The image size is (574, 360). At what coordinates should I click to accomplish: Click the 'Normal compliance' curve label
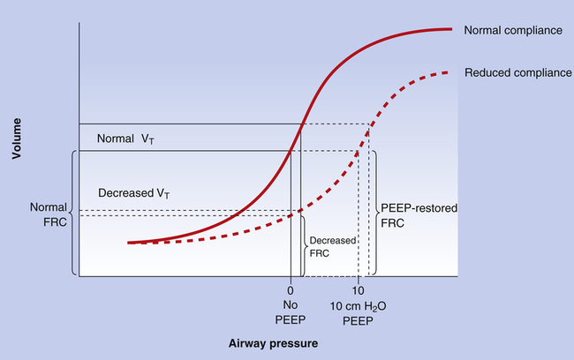(x=513, y=31)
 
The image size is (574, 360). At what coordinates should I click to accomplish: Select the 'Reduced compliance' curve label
(x=517, y=72)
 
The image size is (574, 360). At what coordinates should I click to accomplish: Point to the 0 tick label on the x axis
(x=290, y=290)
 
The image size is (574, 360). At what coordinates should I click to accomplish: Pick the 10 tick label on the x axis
(x=358, y=290)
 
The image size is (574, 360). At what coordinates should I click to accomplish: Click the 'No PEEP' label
(x=290, y=312)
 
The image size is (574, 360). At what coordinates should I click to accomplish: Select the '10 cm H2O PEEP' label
(x=359, y=312)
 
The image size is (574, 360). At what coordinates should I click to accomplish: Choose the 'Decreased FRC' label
(x=326, y=244)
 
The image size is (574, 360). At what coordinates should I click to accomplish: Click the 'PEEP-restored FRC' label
(x=412, y=217)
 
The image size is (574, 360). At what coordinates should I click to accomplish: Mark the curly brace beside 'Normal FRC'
(x=71, y=213)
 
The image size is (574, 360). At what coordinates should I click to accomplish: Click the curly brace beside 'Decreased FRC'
(x=305, y=244)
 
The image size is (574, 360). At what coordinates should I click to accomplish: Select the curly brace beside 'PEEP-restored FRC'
(x=375, y=212)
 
